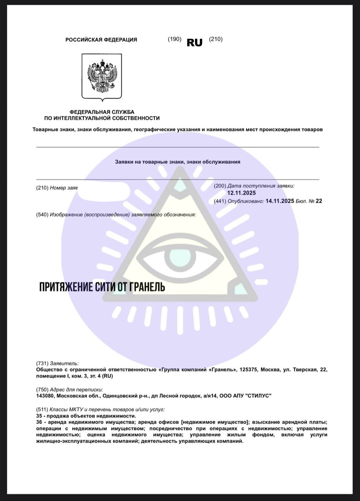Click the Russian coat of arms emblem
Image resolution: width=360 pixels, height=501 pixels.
(x=102, y=77)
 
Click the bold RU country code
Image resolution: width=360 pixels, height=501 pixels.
(x=195, y=43)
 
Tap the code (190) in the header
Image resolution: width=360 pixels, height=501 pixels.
(x=174, y=39)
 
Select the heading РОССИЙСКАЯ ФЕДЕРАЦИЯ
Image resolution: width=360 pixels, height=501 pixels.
(x=101, y=40)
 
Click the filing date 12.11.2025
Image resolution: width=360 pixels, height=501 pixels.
(x=241, y=193)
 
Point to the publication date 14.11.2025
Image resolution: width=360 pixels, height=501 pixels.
(x=280, y=201)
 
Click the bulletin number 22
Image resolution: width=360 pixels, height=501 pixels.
(x=318, y=201)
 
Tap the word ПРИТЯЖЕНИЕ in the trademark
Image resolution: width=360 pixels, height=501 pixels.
(x=65, y=287)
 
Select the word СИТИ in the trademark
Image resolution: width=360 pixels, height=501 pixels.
(x=105, y=287)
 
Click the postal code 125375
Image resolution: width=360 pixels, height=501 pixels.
(x=248, y=369)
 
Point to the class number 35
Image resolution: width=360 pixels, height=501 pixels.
(x=39, y=416)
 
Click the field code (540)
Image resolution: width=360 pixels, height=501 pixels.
(x=42, y=214)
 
